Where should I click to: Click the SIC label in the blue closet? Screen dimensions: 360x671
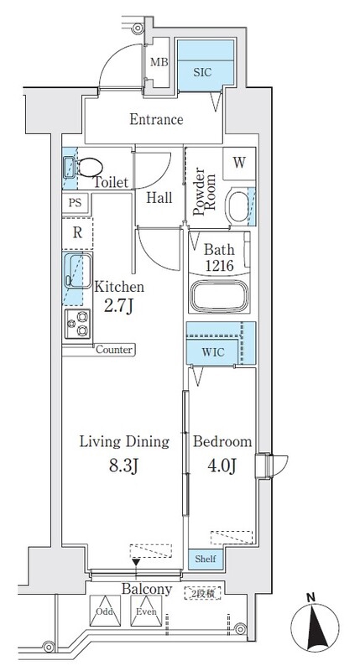(202, 72)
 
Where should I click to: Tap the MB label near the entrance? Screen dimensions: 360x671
(159, 62)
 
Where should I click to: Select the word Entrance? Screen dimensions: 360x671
(156, 119)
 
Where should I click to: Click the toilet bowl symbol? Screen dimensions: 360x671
(91, 167)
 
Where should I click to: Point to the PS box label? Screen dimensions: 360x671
(76, 203)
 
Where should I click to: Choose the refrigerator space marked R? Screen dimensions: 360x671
(77, 234)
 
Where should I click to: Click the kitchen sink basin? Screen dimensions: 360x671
(78, 270)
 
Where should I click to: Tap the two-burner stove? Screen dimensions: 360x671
(77, 324)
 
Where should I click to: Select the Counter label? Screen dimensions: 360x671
(114, 350)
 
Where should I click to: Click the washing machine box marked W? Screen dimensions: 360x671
(239, 163)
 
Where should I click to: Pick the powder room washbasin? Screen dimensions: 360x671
(238, 207)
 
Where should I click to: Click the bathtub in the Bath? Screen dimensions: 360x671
(220, 296)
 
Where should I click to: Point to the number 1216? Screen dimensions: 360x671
(219, 266)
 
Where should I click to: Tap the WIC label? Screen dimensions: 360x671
(213, 353)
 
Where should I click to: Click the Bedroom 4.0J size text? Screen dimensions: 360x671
(222, 466)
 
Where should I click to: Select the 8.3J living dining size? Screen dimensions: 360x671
(124, 466)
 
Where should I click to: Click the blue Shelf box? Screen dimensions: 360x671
(206, 559)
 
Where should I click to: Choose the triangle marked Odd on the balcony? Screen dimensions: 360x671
(105, 611)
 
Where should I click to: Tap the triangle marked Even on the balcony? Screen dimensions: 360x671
(146, 611)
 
